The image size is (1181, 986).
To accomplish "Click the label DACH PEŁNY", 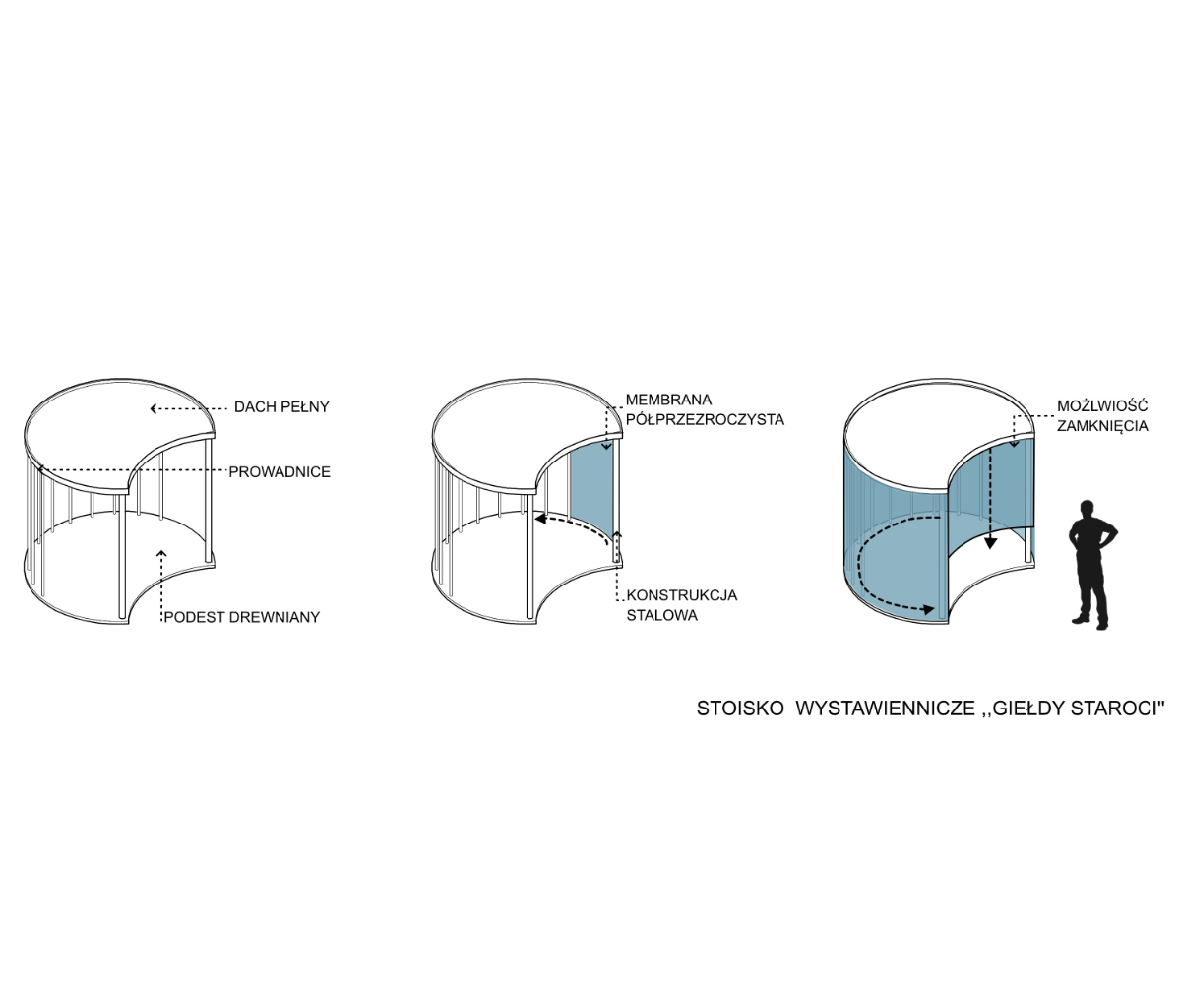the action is [281, 406].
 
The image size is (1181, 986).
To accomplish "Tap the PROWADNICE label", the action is [280, 471].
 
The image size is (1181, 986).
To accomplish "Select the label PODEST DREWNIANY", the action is [241, 617].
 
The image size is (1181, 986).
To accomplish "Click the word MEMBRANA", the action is [668, 400].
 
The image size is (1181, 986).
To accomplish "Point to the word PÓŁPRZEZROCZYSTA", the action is [705, 419].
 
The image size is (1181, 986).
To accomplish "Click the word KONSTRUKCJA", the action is [682, 595].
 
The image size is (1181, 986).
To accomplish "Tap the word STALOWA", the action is [661, 615].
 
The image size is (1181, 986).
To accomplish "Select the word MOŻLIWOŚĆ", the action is [1102, 405].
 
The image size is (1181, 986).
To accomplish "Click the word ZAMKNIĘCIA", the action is [1102, 426].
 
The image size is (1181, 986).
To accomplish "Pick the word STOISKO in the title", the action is [740, 709].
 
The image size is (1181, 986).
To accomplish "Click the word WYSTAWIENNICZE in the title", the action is [885, 709].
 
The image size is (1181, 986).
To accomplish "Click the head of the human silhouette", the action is [1086, 508].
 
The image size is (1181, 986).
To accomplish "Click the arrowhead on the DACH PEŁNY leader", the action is [154, 408].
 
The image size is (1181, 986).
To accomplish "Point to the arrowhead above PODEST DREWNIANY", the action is [161, 553].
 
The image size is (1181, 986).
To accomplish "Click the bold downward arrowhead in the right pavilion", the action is [990, 543].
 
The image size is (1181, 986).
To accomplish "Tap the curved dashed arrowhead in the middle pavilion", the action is [540, 518].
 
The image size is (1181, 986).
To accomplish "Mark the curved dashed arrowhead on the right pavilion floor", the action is [928, 610].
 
